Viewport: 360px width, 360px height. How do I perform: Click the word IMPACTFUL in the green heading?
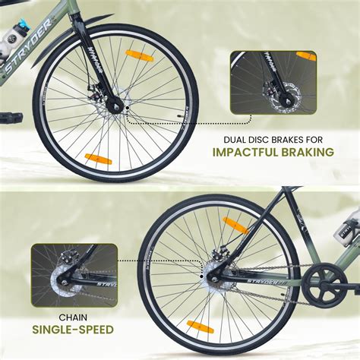pos(248,152)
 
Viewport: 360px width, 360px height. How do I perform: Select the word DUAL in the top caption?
pos(236,139)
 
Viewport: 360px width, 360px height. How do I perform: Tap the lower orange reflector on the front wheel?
pos(98,159)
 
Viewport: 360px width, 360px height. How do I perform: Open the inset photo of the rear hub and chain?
pos(74,274)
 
